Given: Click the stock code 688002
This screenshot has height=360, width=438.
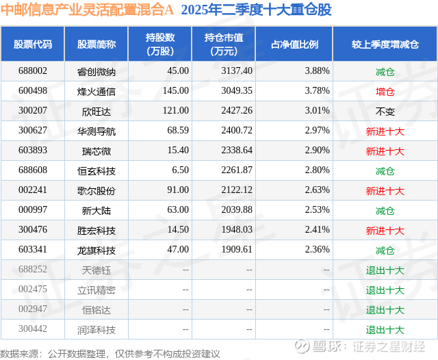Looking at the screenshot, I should tap(33, 70).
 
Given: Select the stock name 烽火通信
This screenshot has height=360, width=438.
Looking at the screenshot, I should tap(96, 90).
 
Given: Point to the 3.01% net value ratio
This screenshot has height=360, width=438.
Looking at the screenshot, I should tap(318, 110).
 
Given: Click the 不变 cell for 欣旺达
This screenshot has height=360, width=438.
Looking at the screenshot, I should tap(385, 110).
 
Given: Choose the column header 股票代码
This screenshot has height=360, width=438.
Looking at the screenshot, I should tap(33, 44).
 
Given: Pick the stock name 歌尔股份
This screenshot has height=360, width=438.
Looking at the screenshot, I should tap(96, 190).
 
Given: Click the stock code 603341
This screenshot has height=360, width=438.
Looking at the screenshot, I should tap(33, 250).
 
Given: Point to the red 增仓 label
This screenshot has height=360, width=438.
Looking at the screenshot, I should tap(385, 90).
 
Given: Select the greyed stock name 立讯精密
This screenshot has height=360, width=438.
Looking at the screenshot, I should tap(96, 290).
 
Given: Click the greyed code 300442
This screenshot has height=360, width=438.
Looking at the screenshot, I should tap(33, 330).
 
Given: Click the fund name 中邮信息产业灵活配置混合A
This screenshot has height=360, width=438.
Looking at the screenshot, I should tap(88, 11).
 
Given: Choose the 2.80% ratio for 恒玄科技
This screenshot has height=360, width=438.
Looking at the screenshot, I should tap(318, 170).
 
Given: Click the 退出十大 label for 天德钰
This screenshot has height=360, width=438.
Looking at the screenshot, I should tap(385, 270).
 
